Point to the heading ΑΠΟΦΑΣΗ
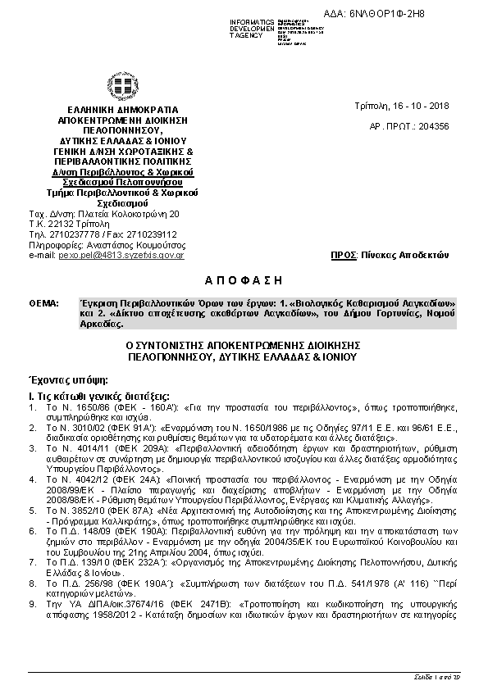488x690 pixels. point(244,279)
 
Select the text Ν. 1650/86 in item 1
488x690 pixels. point(73,406)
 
